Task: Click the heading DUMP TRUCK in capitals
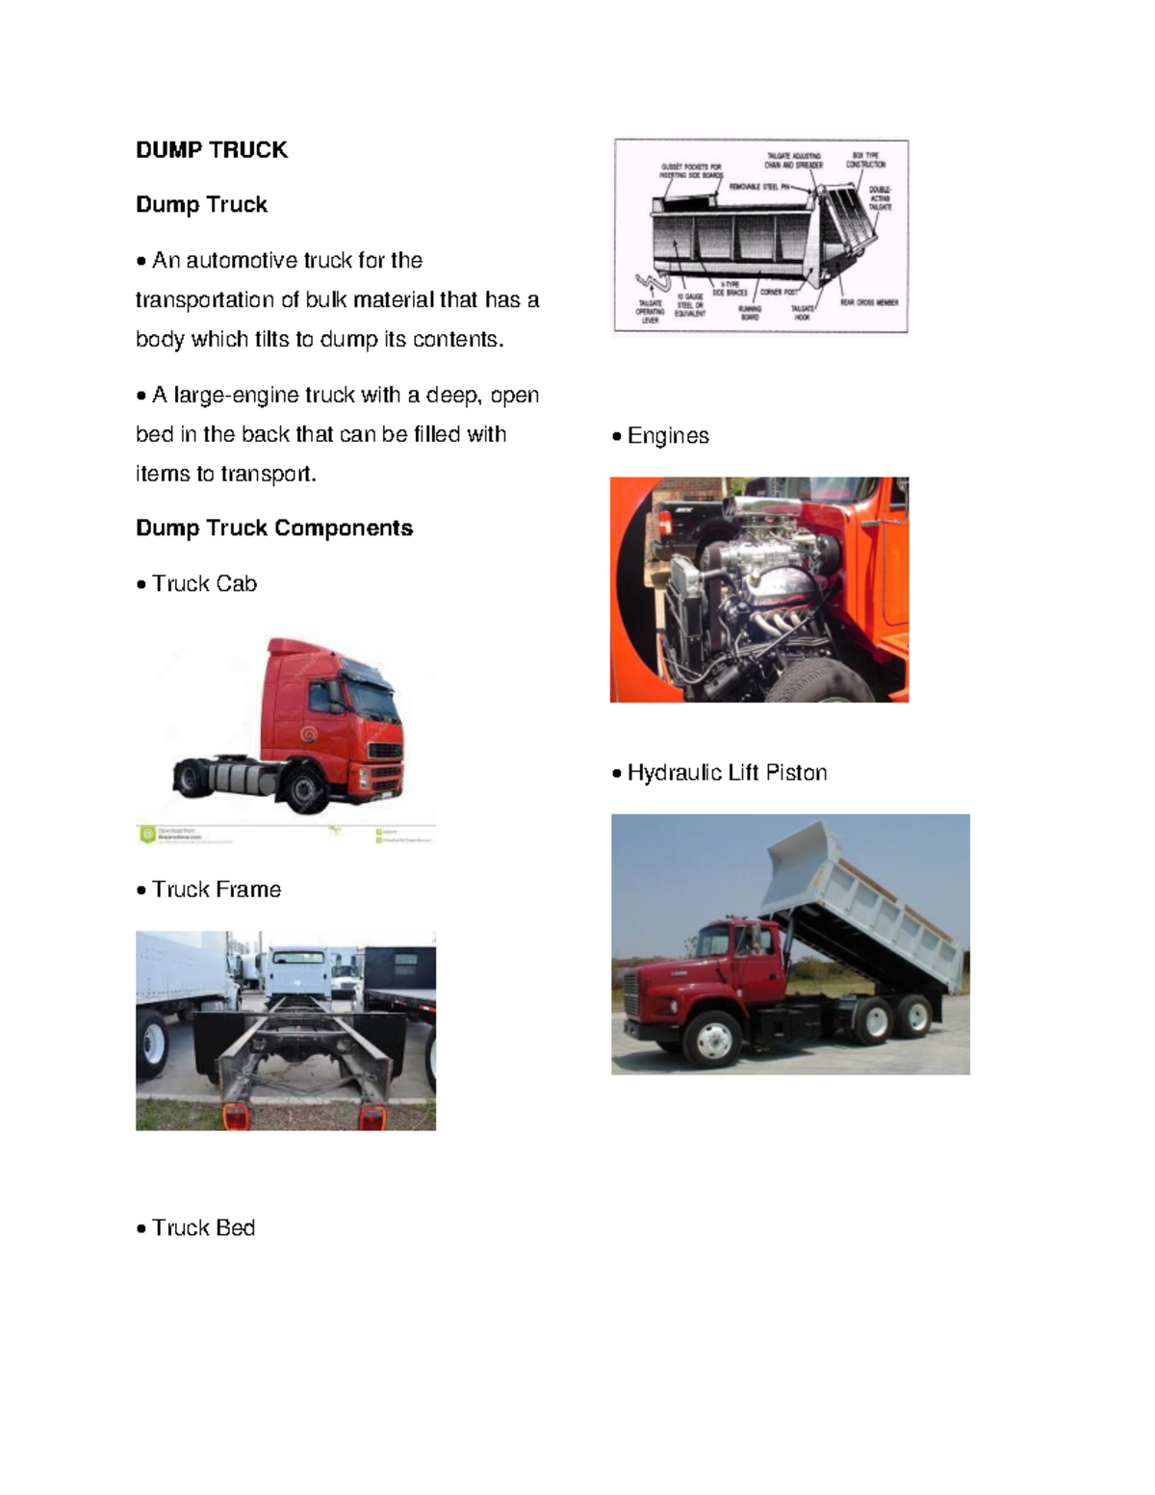(212, 150)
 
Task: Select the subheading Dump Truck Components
(274, 528)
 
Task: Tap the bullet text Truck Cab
(204, 584)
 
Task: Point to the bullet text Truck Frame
(217, 889)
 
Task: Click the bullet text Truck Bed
(203, 1228)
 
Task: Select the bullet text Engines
(668, 436)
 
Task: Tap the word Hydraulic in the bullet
(674, 773)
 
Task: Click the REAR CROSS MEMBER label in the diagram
(869, 302)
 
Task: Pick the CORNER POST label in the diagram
(779, 292)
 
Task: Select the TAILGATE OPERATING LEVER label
(651, 311)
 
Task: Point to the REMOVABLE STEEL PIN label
(759, 187)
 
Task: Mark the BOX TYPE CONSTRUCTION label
(865, 160)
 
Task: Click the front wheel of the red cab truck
(304, 792)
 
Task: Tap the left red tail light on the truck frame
(236, 1116)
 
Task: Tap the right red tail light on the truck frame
(372, 1117)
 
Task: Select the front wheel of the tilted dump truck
(712, 1038)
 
